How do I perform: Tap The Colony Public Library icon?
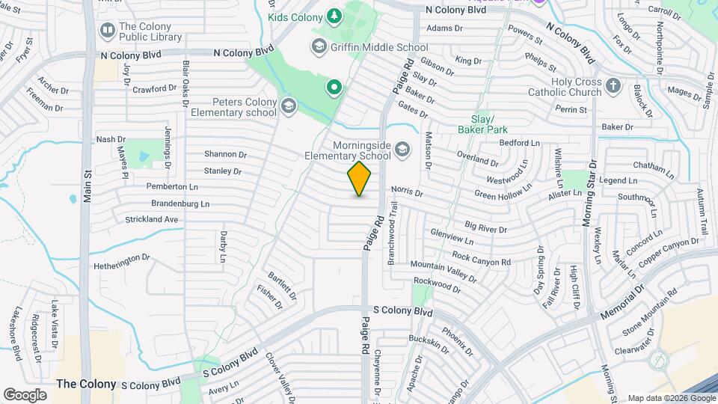(107, 31)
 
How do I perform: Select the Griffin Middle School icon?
(319, 47)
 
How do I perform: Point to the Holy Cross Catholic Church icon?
(613, 86)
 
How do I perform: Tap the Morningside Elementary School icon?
(403, 150)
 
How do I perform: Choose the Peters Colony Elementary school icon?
(288, 107)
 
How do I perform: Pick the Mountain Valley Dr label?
(443, 272)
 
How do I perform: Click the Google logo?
(25, 394)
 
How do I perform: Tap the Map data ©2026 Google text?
(670, 398)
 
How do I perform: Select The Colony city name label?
(87, 384)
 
